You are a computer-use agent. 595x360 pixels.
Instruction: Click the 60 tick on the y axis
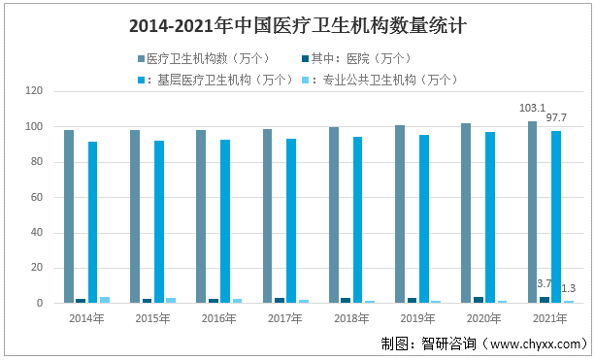[x=37, y=197]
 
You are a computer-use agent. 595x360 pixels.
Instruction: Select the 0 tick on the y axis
[x=40, y=304]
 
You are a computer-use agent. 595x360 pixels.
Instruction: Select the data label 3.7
[x=545, y=283]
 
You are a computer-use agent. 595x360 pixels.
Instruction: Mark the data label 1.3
[x=569, y=288]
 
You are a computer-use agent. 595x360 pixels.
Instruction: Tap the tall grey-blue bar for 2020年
[x=466, y=213]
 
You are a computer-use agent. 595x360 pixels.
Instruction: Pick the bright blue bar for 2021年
[x=556, y=217]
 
